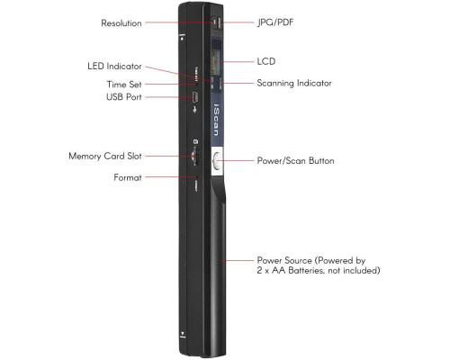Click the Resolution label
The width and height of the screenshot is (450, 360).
point(121,23)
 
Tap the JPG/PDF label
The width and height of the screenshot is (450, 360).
point(275,22)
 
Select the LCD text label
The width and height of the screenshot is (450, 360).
point(266,61)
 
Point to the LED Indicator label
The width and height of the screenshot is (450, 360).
point(114,66)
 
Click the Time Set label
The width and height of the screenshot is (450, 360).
point(124,85)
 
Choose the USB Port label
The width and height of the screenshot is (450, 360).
point(123,97)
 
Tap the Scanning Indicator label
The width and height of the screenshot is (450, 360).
point(294,83)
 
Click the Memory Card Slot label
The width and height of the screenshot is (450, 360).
point(105,156)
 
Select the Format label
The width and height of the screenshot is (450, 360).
point(128,177)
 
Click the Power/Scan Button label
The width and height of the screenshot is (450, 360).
point(295,160)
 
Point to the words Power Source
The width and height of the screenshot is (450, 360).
point(284,260)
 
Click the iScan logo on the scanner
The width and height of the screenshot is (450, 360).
point(217,121)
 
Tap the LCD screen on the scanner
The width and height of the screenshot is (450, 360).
point(216,57)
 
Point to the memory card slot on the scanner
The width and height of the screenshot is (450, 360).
point(194,157)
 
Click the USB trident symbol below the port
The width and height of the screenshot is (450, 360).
point(195,109)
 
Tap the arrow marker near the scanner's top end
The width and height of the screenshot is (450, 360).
point(182,37)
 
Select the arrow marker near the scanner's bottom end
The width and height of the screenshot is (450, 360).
point(182,334)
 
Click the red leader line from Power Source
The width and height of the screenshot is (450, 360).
point(238,260)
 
